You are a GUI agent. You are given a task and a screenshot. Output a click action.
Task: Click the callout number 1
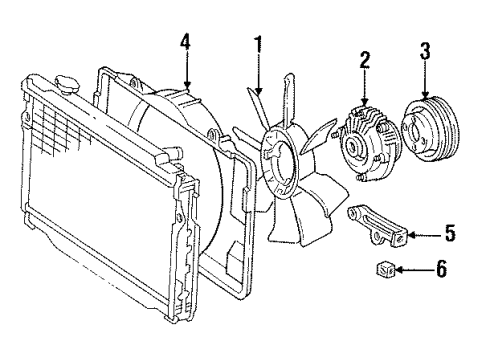(x=258, y=46)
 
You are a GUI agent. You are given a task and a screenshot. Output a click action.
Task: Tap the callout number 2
(x=365, y=61)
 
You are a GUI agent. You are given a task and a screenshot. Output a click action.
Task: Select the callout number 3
(x=425, y=52)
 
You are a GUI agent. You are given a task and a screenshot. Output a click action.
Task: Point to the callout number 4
(x=185, y=43)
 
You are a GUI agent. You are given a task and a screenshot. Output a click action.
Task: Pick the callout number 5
(x=450, y=233)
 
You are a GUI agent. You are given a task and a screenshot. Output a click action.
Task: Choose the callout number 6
(x=441, y=269)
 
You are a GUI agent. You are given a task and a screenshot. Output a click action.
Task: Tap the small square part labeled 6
(x=386, y=269)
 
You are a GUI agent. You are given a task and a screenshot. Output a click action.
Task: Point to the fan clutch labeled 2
(x=368, y=144)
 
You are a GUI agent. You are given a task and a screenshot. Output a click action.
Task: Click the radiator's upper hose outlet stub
(x=173, y=153)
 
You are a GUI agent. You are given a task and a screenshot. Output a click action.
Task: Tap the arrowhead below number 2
(x=365, y=101)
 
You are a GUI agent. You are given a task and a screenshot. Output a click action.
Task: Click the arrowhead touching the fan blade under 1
(x=258, y=89)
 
